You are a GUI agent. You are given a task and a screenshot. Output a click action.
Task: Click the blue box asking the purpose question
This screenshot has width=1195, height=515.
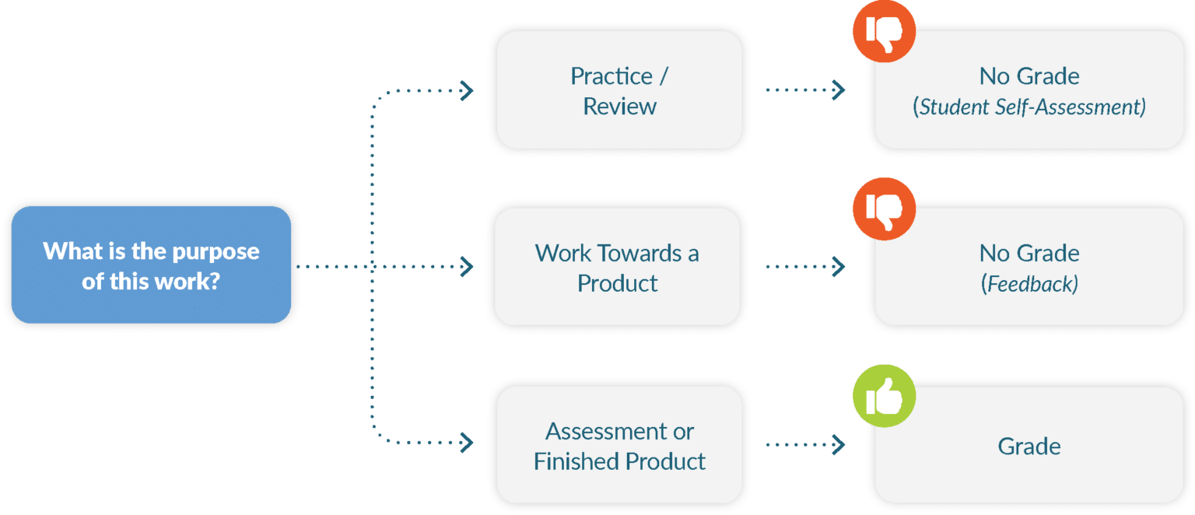(x=151, y=265)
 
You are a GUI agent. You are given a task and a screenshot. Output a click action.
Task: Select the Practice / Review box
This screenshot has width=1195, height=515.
(x=619, y=90)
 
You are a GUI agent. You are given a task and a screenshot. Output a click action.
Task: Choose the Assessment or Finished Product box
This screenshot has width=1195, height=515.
(x=619, y=445)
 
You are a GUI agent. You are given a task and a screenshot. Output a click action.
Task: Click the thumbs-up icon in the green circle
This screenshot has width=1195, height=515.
(x=884, y=398)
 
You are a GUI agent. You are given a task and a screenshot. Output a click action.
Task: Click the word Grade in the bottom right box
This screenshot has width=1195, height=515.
(x=1029, y=446)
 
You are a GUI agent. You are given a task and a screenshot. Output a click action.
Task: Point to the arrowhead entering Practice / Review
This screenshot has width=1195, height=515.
(x=467, y=90)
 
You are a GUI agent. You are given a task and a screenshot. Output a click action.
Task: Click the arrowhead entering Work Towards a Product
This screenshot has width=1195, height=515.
(x=467, y=267)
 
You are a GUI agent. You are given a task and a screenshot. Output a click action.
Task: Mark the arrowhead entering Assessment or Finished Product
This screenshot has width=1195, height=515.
(x=467, y=444)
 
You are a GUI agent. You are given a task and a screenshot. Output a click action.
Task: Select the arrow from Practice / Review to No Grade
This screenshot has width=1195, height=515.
(x=805, y=90)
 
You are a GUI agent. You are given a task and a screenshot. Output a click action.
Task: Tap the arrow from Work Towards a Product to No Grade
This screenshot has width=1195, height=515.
(x=805, y=267)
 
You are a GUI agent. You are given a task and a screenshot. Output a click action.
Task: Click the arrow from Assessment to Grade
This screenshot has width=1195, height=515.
(x=805, y=445)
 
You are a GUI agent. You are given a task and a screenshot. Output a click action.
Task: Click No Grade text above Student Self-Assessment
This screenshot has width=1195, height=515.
(x=1029, y=76)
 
